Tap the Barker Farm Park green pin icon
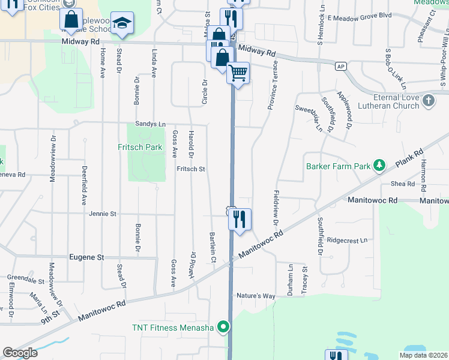pos(379,164)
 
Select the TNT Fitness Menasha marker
pos(224,328)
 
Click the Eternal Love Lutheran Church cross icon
pos(428,100)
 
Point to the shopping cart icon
pos(238,73)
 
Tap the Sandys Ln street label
pos(150,124)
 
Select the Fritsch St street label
pos(191,169)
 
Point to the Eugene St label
pos(86,257)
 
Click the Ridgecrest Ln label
pos(348,240)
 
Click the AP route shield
pos(341,66)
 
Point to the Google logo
pos(20,353)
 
